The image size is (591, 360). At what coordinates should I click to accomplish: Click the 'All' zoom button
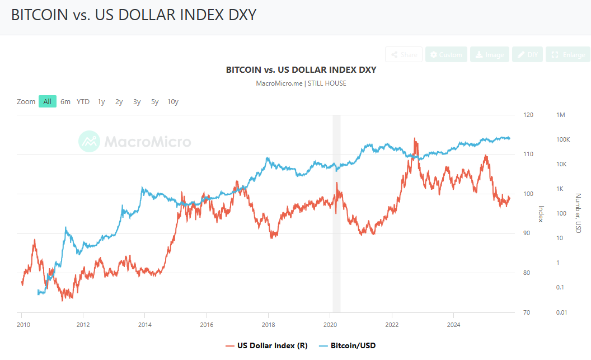tap(48, 101)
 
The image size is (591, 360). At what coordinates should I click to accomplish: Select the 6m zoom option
tap(65, 101)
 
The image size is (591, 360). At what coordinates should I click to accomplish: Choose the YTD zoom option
tap(83, 101)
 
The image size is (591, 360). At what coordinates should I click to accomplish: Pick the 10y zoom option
tap(173, 101)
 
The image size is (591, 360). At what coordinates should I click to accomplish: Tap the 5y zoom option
tap(154, 101)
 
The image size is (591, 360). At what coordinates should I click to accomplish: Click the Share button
tap(404, 54)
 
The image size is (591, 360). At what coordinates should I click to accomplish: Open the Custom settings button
tap(446, 54)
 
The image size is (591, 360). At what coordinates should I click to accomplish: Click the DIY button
tap(527, 54)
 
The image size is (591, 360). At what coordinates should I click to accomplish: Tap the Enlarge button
tap(567, 54)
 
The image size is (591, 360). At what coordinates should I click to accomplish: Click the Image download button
tap(489, 54)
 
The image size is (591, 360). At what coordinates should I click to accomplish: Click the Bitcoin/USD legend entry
tap(348, 345)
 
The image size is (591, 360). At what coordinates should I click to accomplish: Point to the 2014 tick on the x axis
tap(145, 324)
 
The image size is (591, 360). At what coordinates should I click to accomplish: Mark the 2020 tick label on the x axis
tap(330, 324)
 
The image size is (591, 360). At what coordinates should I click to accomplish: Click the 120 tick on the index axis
tap(528, 115)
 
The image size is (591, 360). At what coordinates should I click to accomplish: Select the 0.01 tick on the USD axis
tap(561, 312)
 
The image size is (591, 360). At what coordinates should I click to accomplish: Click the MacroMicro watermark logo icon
tap(89, 142)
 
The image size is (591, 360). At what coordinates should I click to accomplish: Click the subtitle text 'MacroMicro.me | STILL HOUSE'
tap(301, 83)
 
